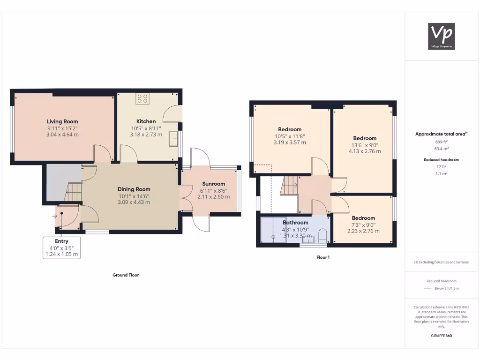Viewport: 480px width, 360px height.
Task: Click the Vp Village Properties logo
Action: [x=442, y=37]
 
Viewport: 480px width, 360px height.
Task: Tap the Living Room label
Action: [x=62, y=121]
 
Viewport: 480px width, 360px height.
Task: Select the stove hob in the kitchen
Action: [x=142, y=98]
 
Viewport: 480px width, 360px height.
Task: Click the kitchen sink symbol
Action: [x=174, y=139]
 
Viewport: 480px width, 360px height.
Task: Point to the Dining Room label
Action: [x=134, y=189]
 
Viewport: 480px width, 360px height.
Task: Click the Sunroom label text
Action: [x=213, y=184]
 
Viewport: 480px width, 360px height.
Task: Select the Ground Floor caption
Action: [x=126, y=275]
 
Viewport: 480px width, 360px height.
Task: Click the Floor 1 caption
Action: [x=322, y=257]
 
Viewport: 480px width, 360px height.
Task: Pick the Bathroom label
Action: [x=295, y=222]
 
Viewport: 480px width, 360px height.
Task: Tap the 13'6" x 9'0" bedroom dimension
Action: [x=364, y=145]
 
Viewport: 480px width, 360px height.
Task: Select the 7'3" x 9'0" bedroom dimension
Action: [x=363, y=225]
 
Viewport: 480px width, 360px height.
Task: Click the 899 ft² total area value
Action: [x=441, y=141]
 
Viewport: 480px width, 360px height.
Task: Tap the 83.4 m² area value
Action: [x=441, y=148]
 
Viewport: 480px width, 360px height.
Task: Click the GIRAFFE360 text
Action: [x=441, y=336]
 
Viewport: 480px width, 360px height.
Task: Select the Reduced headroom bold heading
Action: [x=441, y=160]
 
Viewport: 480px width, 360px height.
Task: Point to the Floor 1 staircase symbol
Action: [x=289, y=186]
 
